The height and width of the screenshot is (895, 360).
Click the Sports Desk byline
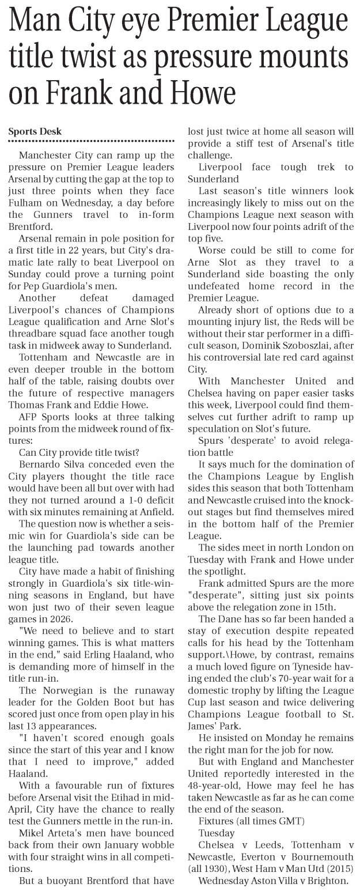pos(35,131)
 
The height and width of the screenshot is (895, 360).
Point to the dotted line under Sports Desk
pos(91,141)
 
